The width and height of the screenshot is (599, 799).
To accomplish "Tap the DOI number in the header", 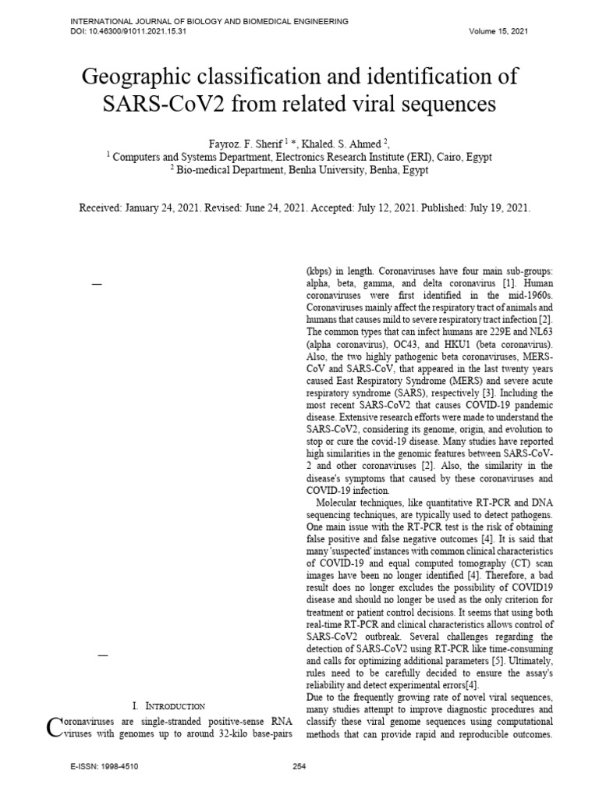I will coord(140,31).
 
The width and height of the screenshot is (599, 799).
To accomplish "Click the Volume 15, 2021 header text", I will coord(498,31).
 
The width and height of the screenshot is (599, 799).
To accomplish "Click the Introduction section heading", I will coord(174,705).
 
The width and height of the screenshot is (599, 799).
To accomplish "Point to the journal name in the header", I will coord(210,21).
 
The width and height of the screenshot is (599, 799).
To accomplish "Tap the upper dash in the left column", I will coord(97,286).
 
